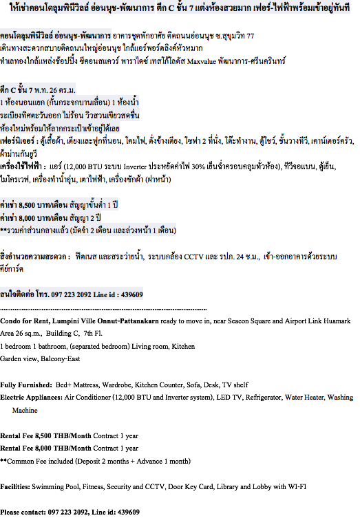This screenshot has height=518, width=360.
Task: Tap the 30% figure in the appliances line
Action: (198, 166)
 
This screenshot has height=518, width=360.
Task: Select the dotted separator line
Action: (103, 310)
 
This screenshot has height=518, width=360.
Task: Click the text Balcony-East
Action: (61, 359)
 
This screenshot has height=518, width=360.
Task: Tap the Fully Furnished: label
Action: (26, 385)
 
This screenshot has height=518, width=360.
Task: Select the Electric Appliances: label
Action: (31, 398)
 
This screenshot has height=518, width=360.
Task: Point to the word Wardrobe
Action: (117, 385)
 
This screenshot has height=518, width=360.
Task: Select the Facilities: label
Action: (15, 486)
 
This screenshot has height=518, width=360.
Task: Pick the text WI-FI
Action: (297, 486)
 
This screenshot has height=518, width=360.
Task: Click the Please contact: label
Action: (23, 512)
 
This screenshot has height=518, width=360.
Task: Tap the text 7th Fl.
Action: (93, 334)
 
